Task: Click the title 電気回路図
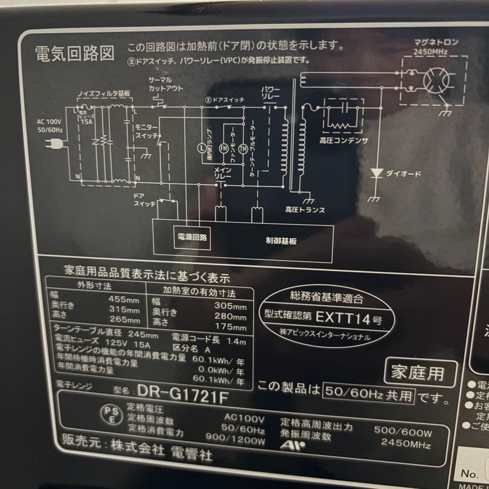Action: tap(75, 53)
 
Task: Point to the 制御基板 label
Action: tap(281, 241)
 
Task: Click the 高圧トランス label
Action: tap(305, 210)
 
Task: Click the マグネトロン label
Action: tap(436, 43)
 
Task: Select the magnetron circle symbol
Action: tap(436, 81)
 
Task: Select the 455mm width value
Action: tap(124, 299)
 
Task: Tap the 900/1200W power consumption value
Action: tap(235, 438)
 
